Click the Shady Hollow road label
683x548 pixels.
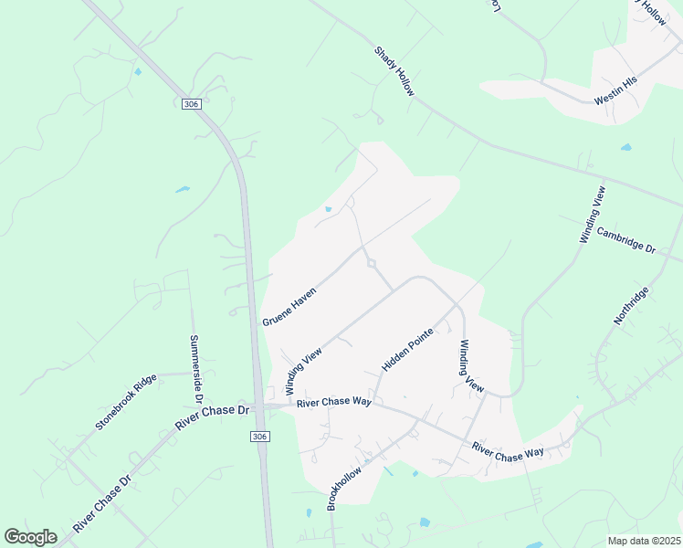click(394, 72)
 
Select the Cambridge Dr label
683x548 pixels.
click(626, 240)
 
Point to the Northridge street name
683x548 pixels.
click(630, 305)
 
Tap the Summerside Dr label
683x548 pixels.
click(194, 367)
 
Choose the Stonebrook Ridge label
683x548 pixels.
click(127, 401)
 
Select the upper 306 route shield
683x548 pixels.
click(190, 104)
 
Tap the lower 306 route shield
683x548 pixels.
click(260, 437)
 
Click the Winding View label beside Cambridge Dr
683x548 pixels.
click(592, 215)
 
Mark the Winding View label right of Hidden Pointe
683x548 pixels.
click(471, 366)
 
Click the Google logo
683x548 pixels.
click(30, 537)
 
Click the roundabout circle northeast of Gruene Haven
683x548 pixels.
click(372, 264)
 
